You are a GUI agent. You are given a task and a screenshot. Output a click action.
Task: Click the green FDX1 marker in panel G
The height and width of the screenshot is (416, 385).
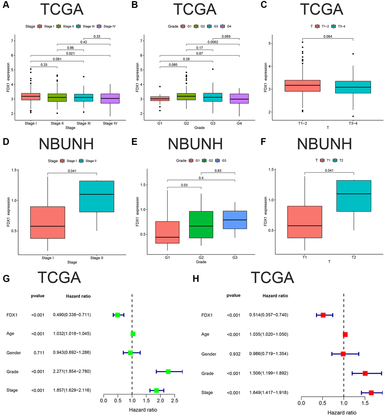pos(117,315)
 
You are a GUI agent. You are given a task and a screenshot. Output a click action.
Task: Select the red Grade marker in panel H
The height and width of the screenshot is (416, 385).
pos(365,373)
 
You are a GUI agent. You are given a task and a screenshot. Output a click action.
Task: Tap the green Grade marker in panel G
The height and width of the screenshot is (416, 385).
pos(168,371)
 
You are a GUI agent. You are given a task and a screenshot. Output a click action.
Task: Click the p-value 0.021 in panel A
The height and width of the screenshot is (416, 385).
pos(70,53)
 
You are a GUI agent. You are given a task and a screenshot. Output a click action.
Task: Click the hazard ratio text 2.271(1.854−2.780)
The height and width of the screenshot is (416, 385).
pos(72,371)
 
